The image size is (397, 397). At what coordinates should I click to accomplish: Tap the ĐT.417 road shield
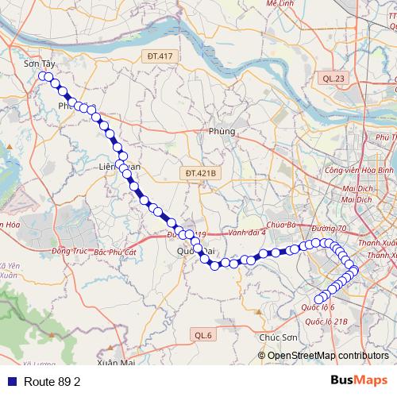point(160,56)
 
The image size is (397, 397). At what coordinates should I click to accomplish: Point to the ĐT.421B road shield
point(201,172)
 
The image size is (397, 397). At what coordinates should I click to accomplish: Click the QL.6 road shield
point(203,336)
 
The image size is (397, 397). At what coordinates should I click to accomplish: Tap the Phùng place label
point(222,131)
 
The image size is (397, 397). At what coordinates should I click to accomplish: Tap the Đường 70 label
point(330,229)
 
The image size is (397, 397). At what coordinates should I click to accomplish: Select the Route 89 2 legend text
point(52,382)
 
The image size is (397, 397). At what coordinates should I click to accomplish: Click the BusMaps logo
point(359,380)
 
